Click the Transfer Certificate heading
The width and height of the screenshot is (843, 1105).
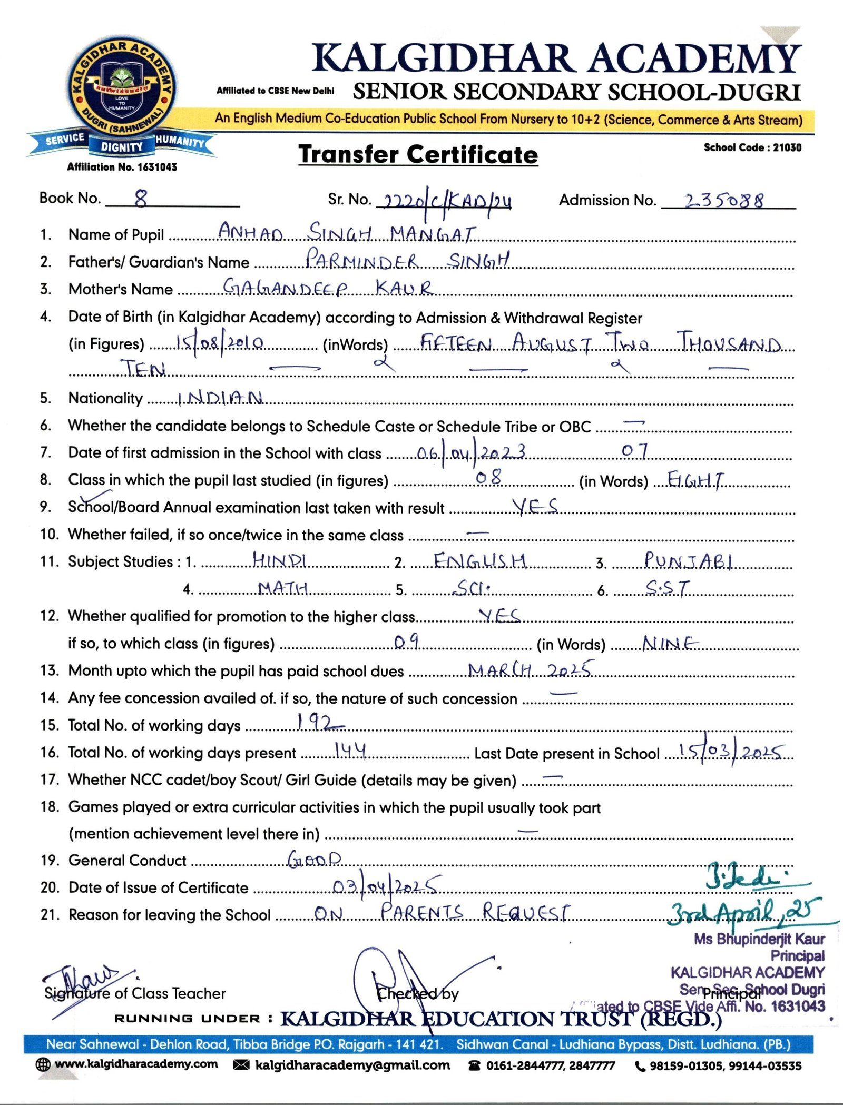tap(418, 155)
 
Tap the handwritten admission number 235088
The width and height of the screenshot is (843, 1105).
tap(724, 201)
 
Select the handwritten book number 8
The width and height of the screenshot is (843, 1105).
tap(141, 199)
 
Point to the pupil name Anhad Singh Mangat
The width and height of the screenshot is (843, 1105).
tap(347, 232)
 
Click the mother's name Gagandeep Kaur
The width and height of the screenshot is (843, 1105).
tap(328, 288)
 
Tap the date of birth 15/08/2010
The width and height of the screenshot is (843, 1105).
tap(220, 343)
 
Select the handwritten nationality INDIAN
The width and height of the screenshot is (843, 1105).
tap(220, 398)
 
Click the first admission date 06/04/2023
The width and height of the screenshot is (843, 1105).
tap(471, 452)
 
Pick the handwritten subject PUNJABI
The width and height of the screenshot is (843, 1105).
tap(688, 560)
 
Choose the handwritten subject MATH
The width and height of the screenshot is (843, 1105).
tap(283, 588)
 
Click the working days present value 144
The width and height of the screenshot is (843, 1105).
tap(350, 751)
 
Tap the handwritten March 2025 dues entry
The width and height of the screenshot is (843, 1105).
tap(530, 670)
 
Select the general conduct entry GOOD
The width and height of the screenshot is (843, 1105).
tap(315, 859)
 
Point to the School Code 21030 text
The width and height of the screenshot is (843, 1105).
tap(752, 147)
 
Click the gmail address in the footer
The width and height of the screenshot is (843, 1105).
tap(352, 1065)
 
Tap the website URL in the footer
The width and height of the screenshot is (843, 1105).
tap(136, 1064)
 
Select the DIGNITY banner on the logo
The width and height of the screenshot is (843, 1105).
tap(122, 147)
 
